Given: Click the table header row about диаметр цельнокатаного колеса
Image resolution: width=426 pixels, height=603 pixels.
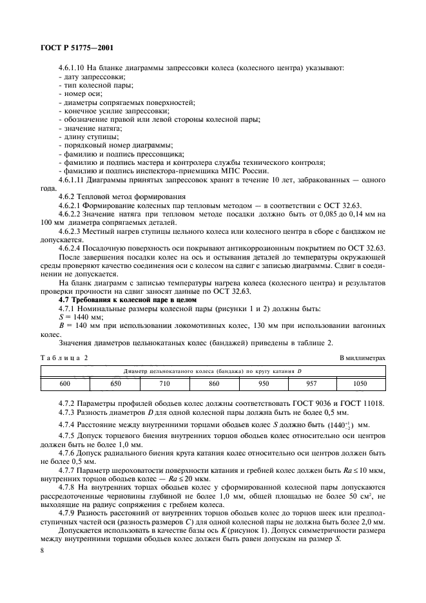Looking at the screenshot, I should (213, 370).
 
